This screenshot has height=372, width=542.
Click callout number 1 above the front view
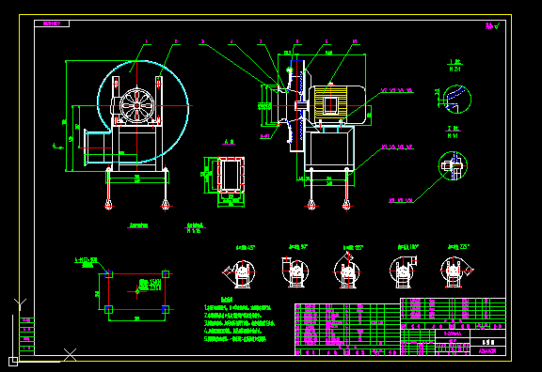(146, 41)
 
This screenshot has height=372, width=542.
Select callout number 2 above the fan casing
(176, 41)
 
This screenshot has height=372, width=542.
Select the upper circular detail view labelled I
(454, 97)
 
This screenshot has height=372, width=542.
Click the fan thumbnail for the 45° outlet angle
(241, 273)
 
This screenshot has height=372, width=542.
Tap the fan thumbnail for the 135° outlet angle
(348, 272)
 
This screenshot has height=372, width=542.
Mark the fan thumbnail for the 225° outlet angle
(455, 271)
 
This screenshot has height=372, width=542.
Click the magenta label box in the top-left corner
(50, 23)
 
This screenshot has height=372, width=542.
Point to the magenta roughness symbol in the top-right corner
(490, 26)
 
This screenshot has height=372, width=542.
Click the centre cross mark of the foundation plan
(137, 291)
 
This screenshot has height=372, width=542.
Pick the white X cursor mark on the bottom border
(70, 354)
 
